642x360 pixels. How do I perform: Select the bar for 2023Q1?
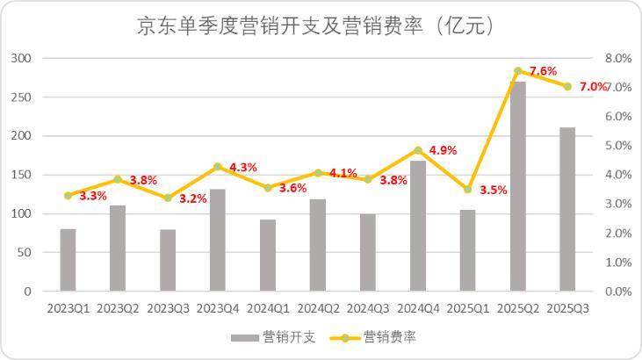(68, 260)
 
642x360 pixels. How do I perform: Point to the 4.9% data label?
(444, 150)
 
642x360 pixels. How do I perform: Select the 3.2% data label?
(193, 198)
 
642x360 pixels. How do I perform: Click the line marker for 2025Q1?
(468, 190)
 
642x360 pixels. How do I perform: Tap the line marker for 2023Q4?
(218, 166)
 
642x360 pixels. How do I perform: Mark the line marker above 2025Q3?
(567, 86)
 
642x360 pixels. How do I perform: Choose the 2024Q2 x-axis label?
(318, 308)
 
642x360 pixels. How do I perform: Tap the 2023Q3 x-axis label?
(168, 308)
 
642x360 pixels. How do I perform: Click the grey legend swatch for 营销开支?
(245, 337)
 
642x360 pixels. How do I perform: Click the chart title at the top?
(315, 26)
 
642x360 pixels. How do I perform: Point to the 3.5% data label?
(494, 190)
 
